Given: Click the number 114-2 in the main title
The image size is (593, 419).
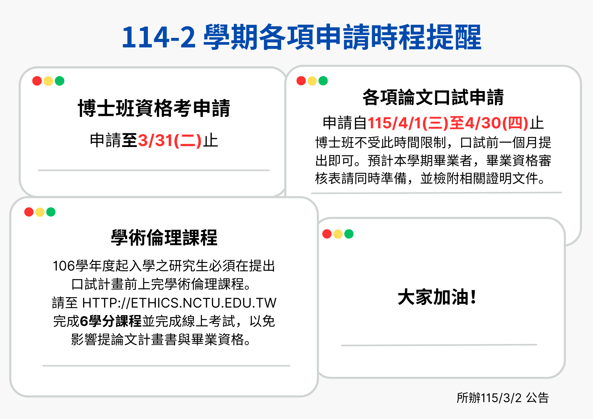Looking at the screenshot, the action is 159,37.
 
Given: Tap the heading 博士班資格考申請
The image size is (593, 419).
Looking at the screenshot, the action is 154,108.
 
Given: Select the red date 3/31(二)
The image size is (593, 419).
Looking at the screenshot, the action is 170,140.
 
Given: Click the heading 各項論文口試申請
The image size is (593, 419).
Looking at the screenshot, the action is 433,97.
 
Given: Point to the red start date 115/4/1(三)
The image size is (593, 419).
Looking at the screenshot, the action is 408,123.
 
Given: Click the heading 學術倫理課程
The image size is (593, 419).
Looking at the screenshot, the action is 164,238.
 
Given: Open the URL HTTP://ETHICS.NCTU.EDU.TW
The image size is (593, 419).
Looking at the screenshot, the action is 179,303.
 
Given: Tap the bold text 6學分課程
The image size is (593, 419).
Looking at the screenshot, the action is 111,321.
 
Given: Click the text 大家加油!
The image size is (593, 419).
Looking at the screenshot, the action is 437,297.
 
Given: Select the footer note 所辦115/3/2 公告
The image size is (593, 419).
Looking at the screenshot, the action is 503,398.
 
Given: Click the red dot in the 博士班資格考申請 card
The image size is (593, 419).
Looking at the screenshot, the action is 37,81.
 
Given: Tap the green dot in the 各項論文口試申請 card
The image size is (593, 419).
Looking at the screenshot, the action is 323,81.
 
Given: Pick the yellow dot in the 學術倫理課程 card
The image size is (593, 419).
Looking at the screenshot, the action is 40,212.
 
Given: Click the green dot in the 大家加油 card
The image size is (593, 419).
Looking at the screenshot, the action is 349,234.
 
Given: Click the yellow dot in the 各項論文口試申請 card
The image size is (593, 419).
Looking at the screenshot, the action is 312,81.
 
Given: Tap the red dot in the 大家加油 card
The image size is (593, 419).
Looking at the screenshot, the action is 327,234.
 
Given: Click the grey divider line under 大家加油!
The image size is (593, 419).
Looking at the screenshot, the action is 439,345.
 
